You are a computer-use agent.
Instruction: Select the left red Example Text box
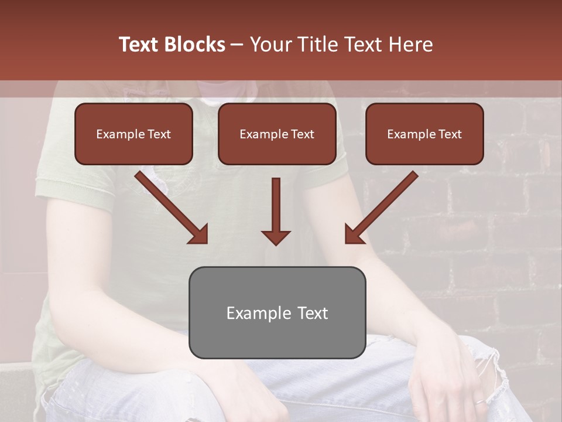[x=133, y=134]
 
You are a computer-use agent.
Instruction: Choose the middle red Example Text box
[x=277, y=134]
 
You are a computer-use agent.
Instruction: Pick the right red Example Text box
[x=424, y=134]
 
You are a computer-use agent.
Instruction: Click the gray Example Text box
[x=277, y=312]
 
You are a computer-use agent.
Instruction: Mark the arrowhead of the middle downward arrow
[x=276, y=237]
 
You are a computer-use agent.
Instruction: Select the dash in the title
[x=237, y=45]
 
